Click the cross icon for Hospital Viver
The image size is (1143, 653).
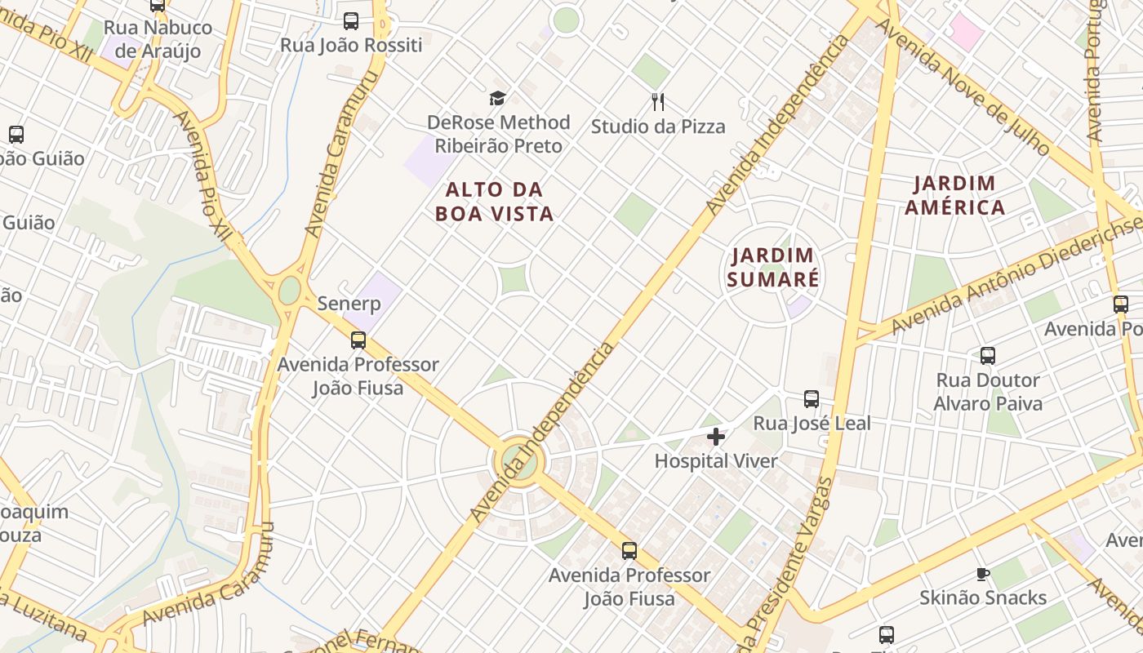(716, 437)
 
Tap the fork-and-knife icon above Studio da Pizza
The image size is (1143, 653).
(658, 102)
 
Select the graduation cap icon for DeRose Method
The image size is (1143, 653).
(497, 99)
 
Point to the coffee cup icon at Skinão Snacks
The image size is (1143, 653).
(983, 574)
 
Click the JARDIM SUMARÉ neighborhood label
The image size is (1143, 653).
(772, 267)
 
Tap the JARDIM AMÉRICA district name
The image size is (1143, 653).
(954, 195)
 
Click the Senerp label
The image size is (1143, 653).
(349, 304)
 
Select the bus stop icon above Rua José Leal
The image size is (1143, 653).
(812, 399)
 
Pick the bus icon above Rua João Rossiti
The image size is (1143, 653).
(351, 21)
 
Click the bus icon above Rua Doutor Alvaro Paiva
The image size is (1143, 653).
(988, 356)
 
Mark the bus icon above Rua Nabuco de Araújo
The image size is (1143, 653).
(158, 5)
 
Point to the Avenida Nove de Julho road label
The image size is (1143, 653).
(963, 86)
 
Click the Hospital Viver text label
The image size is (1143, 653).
(716, 461)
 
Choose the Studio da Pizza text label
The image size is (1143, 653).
(658, 127)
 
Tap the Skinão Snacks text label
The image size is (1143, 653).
(983, 597)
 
